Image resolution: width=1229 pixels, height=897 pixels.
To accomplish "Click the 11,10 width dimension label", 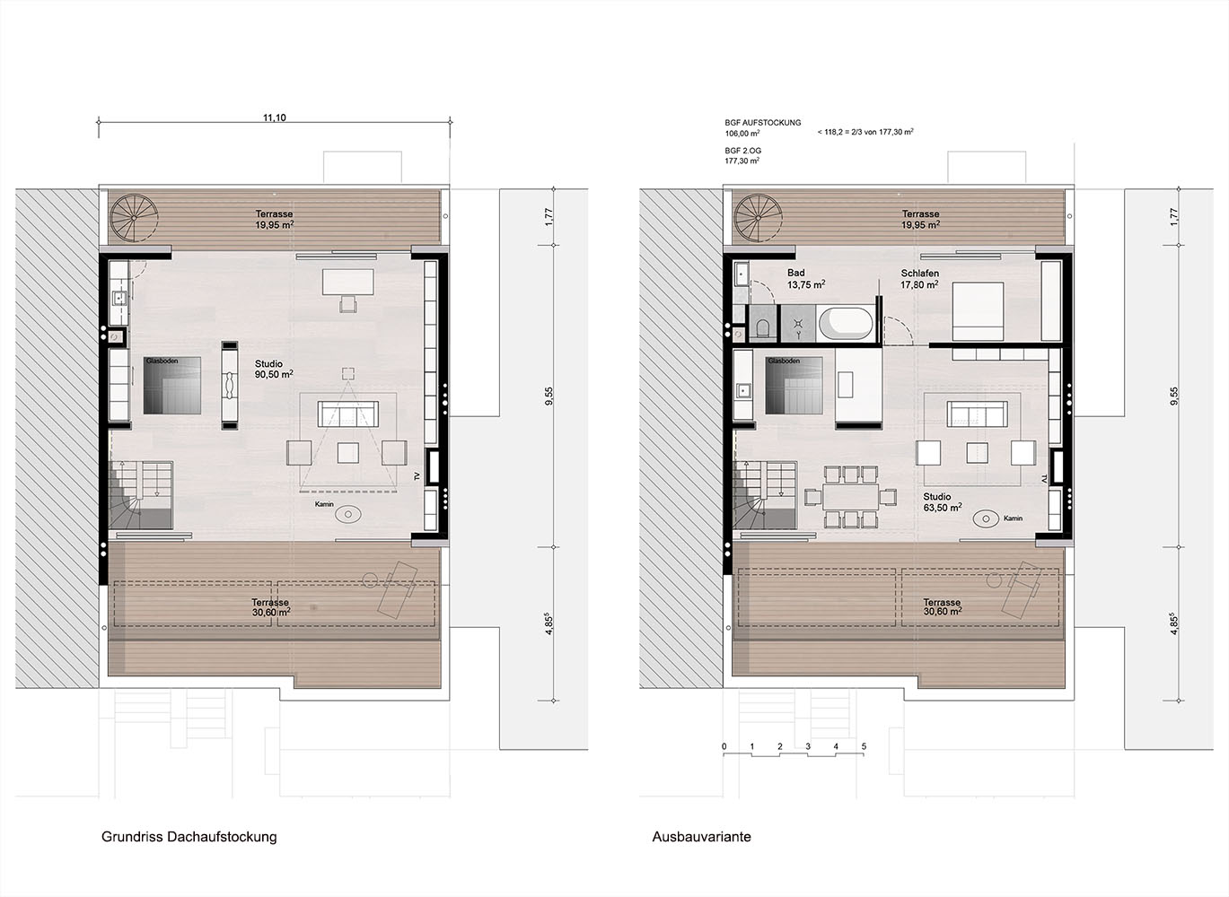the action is (275, 118).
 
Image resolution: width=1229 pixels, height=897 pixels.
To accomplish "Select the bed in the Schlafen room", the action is (978, 311).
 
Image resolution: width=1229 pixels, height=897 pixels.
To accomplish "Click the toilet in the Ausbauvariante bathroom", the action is (763, 328).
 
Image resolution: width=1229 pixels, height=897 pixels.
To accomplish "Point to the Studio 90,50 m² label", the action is (273, 369).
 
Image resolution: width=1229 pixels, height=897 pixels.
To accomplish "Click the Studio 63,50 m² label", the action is (942, 502).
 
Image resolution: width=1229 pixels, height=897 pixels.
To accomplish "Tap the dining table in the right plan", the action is (850, 497).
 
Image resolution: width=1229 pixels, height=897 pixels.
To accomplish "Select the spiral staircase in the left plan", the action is (134, 218).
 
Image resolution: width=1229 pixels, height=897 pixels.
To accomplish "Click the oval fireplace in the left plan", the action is (347, 514).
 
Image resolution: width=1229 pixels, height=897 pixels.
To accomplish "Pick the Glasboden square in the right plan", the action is (794, 386).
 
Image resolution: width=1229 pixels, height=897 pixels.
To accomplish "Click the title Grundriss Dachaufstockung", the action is (189, 837).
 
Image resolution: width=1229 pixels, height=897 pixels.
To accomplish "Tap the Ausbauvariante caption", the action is (701, 837).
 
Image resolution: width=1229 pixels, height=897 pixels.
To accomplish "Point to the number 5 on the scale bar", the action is (865, 746).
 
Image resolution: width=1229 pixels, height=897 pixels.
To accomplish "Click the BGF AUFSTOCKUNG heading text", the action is (763, 123).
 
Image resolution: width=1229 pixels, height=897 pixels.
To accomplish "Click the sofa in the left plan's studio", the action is (347, 414).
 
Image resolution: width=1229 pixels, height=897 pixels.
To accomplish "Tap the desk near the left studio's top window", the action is (347, 282).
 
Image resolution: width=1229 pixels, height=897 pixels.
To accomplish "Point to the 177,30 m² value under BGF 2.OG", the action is (742, 161).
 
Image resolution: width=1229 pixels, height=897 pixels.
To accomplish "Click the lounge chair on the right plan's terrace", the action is (1016, 590).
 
